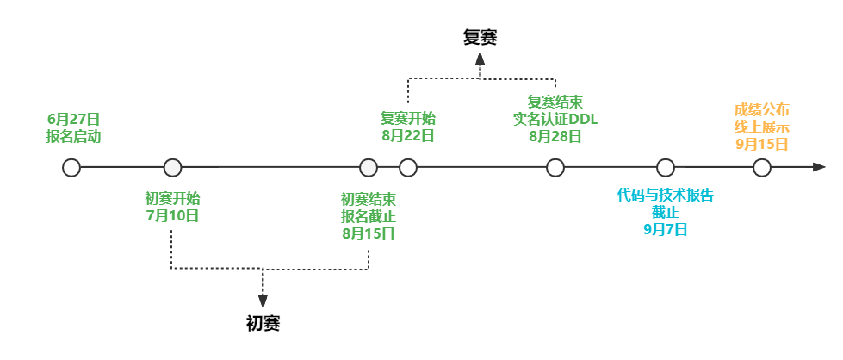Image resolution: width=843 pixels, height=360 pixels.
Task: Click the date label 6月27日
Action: pos(73,119)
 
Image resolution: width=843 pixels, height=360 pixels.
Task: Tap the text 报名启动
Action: pos(73,136)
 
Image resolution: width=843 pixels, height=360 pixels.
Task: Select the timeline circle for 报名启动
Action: pos(71,168)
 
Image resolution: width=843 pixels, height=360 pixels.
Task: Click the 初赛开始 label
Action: pos(172,198)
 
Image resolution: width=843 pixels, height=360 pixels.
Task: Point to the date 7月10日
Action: pos(172,215)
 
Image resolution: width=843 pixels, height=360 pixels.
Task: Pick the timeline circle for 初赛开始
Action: pos(172,168)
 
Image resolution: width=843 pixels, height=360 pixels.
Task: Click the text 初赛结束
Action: pos(369,199)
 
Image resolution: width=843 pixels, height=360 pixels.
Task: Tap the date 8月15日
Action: pos(369,233)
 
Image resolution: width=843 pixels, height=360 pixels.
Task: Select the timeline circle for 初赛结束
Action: pos(369,168)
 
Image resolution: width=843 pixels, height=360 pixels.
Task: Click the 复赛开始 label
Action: pos(408,118)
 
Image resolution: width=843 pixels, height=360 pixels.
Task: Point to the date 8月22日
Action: pos(408,135)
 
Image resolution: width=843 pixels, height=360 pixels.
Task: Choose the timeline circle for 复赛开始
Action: pos(408,168)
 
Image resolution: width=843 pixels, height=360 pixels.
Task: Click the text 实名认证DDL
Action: pos(555,119)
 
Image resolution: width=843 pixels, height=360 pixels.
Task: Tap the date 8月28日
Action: pos(555,136)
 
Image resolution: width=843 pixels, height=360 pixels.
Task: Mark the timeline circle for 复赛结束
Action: pos(555,168)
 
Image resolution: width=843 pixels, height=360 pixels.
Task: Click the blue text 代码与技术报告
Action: pos(666,195)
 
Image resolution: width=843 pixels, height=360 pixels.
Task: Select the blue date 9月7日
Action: pos(666,229)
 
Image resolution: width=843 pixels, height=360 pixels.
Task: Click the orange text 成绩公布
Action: pos(762,109)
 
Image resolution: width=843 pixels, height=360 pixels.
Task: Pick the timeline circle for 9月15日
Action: pos(762,168)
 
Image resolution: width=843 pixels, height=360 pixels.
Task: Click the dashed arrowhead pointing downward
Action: pos(263,301)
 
